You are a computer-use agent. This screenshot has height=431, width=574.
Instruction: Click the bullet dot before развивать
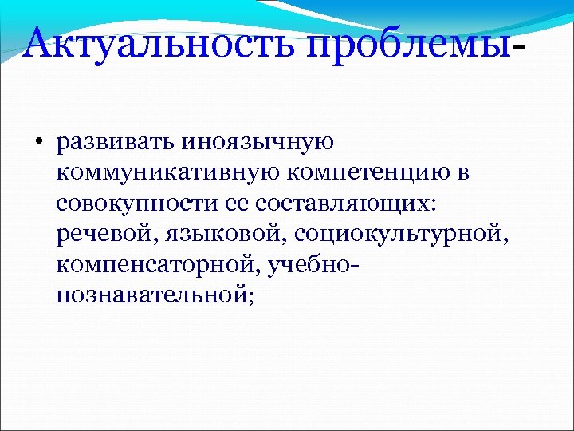(x=37, y=144)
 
